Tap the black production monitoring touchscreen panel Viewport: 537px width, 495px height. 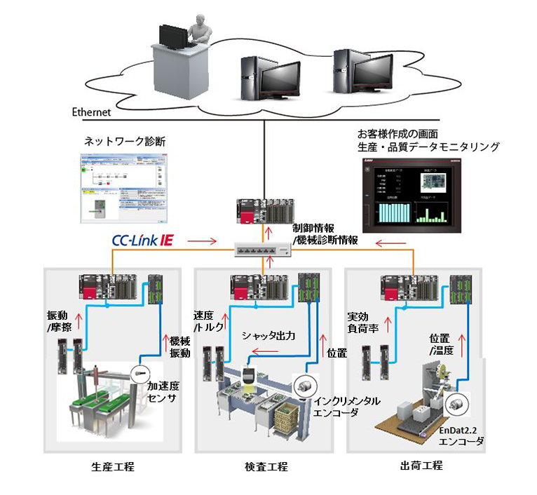(410, 194)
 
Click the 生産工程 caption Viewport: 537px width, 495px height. (113, 466)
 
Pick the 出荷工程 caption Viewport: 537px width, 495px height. (421, 466)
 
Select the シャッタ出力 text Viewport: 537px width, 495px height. (268, 336)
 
